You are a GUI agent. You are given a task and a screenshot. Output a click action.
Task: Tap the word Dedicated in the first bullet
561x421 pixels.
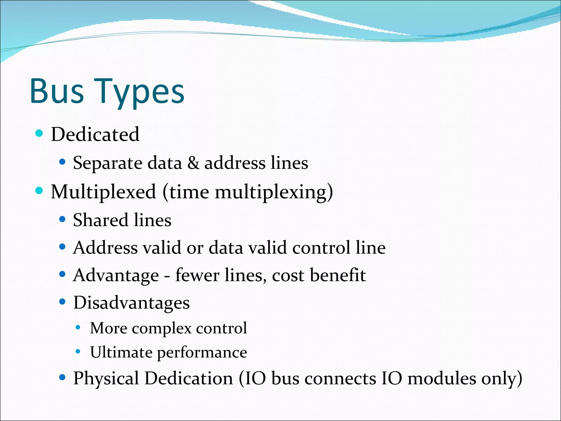coord(95,134)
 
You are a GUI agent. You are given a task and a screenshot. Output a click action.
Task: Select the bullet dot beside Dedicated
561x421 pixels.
coord(39,133)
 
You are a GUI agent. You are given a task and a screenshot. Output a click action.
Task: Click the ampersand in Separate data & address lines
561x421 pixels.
coord(193,163)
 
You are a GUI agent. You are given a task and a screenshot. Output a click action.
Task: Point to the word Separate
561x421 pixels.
coord(107,163)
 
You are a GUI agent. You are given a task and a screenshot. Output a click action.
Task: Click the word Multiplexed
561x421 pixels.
coord(103,192)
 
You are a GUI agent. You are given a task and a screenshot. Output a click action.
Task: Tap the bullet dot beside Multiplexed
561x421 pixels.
coord(39,190)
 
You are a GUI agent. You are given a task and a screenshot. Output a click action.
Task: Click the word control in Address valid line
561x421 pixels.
coord(321,248)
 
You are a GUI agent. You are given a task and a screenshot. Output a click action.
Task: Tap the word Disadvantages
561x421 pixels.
coord(131,303)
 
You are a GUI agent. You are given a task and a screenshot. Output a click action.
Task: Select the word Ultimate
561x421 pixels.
coord(121,352)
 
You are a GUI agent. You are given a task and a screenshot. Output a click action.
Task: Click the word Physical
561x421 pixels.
coord(106,379)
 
